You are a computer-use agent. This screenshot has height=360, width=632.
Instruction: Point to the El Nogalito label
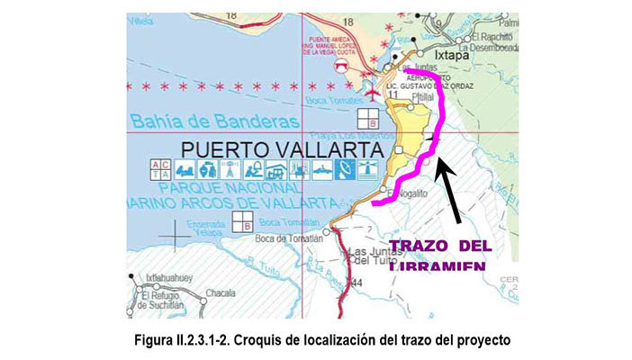(x=411, y=192)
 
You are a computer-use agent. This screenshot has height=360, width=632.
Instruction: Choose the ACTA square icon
(x=159, y=169)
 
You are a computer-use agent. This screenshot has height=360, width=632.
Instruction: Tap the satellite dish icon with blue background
(x=343, y=169)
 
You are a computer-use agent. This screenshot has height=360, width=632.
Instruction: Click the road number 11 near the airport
(x=393, y=94)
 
